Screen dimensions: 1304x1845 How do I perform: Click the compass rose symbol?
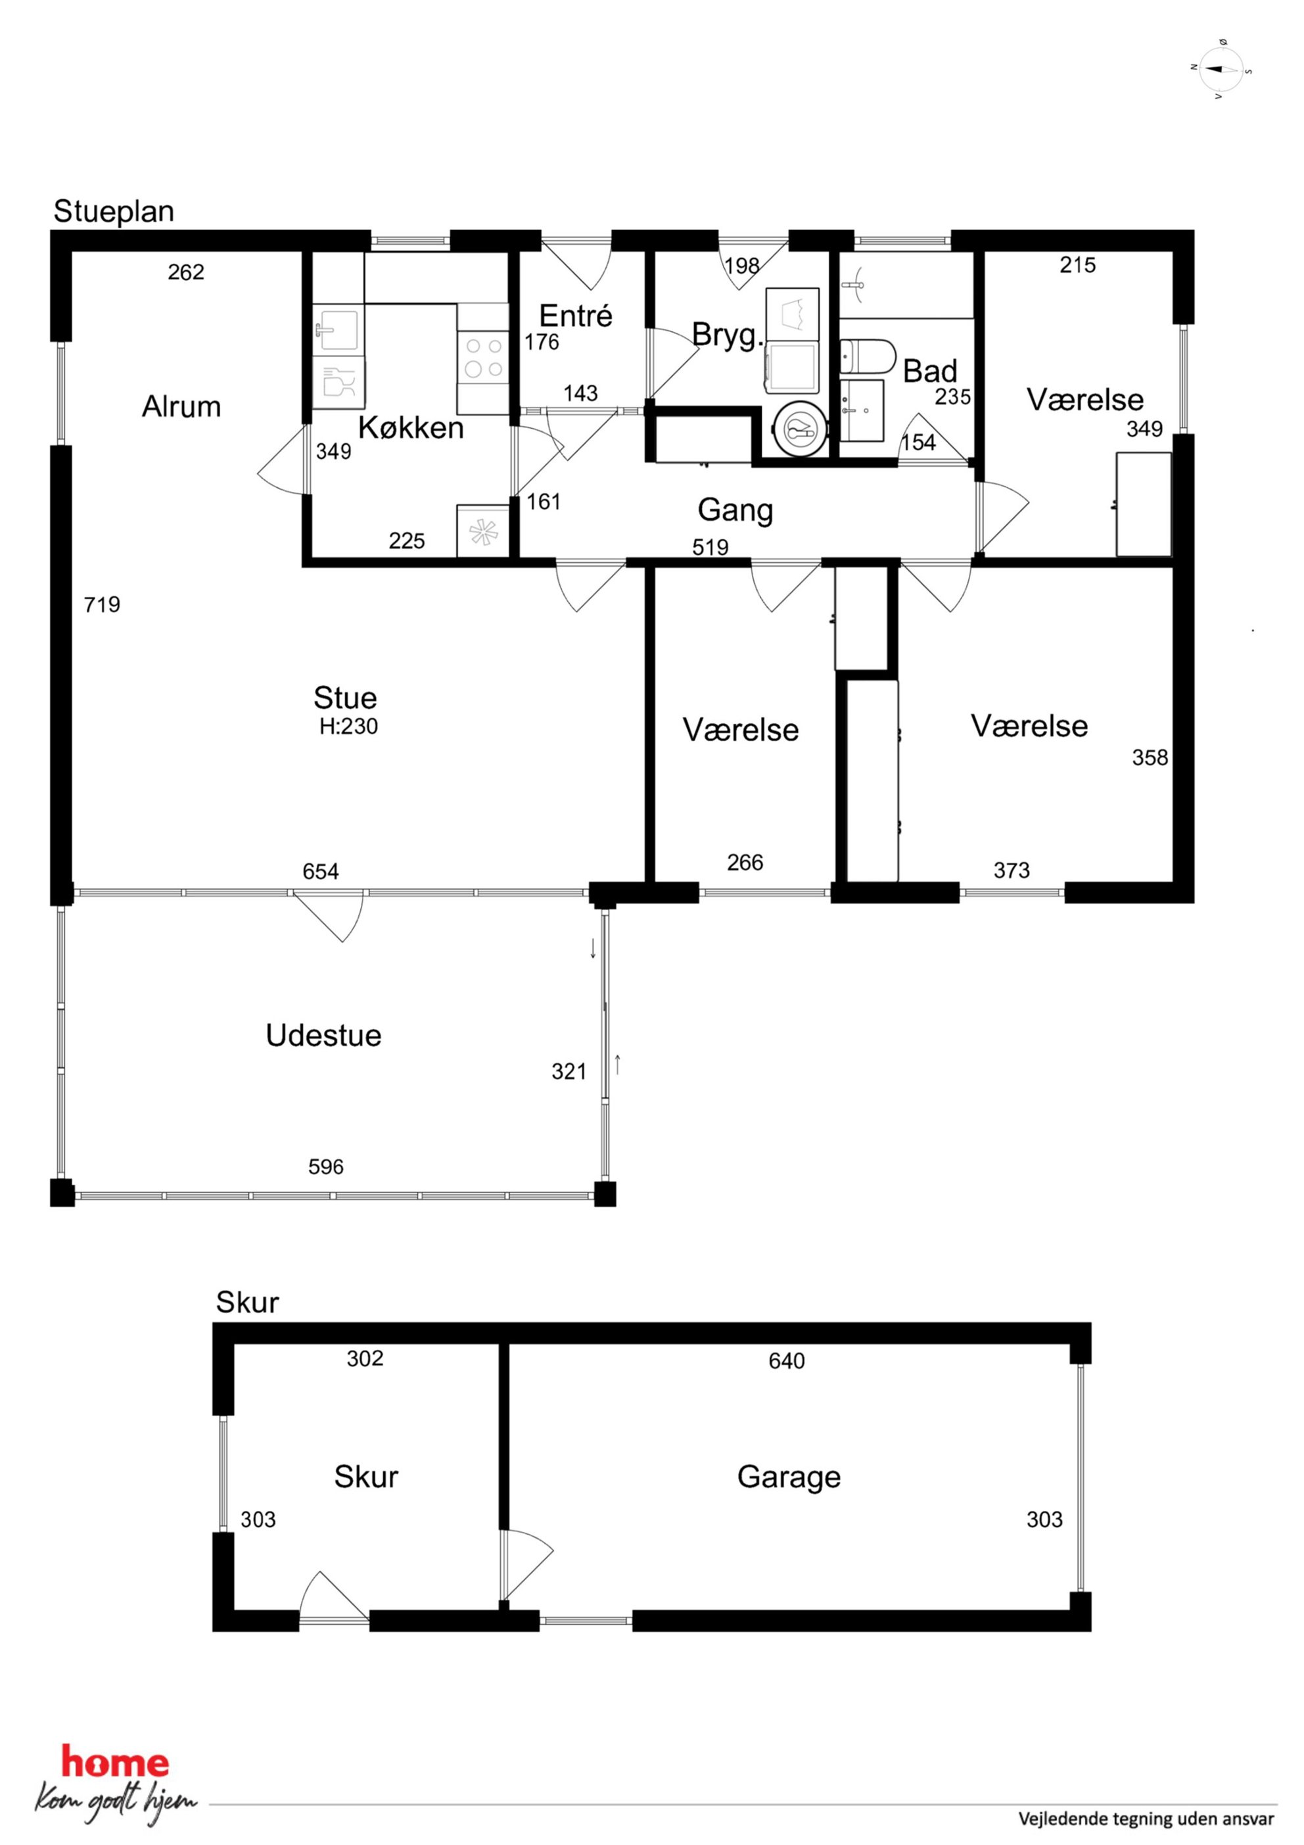pyautogui.click(x=1221, y=69)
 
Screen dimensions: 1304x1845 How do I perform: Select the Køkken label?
pyautogui.click(x=411, y=427)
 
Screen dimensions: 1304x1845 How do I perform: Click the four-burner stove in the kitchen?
pyautogui.click(x=484, y=358)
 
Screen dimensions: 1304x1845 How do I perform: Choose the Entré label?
pyautogui.click(x=575, y=316)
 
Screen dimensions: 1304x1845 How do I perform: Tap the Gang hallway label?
pyautogui.click(x=735, y=510)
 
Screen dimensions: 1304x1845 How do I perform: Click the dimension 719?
pyautogui.click(x=102, y=604)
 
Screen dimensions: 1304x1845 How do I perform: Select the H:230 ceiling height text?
pyautogui.click(x=349, y=727)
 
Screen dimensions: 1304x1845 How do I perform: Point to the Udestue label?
pyautogui.click(x=324, y=1035)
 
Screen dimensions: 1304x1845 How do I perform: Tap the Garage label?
pyautogui.click(x=789, y=1477)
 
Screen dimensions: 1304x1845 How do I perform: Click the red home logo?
pyautogui.click(x=116, y=1763)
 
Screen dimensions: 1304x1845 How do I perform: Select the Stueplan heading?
pyautogui.click(x=113, y=211)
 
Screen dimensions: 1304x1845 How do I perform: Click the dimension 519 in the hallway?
pyautogui.click(x=710, y=547)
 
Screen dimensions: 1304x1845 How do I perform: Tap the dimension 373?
pyautogui.click(x=1012, y=871)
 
